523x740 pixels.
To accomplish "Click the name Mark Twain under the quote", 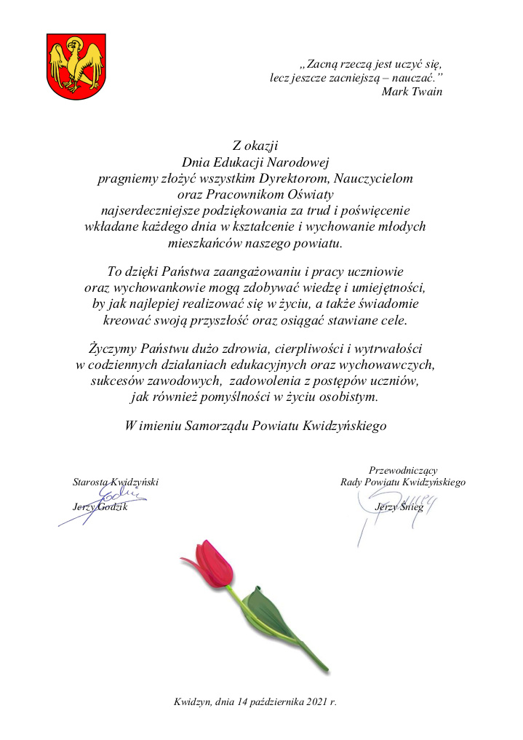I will [x=412, y=91].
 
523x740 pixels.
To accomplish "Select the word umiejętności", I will [x=391, y=288].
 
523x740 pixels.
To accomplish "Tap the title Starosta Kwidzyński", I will [x=115, y=482].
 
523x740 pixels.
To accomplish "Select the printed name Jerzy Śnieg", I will [x=399, y=506].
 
